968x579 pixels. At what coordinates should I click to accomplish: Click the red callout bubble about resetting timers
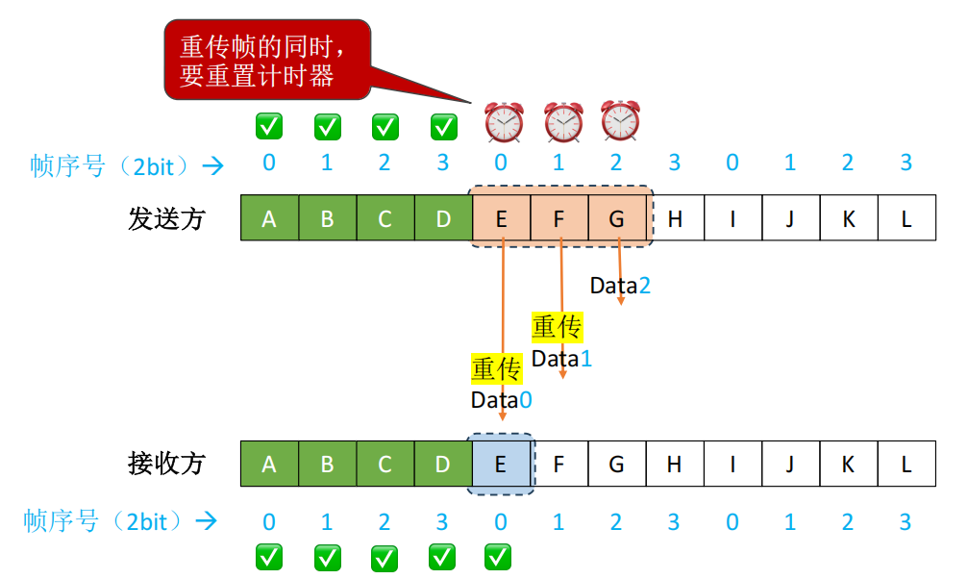click(x=266, y=60)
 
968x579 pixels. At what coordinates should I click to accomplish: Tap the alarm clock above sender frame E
click(x=503, y=122)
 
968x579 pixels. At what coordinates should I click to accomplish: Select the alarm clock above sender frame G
click(x=620, y=121)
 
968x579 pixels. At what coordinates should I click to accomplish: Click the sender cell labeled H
click(x=675, y=218)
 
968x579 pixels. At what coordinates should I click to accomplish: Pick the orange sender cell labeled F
click(x=558, y=218)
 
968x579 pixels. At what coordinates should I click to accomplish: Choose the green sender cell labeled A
click(x=269, y=218)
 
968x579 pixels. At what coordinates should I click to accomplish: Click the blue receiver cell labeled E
click(x=501, y=464)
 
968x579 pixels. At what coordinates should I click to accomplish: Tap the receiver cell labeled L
click(x=906, y=464)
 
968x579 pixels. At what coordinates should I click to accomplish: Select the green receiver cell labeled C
click(x=385, y=464)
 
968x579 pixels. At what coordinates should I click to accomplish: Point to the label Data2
click(x=620, y=285)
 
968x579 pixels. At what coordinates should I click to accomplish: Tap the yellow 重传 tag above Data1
click(x=558, y=328)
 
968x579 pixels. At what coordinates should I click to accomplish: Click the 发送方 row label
click(x=166, y=218)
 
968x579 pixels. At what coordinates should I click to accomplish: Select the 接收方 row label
click(x=166, y=464)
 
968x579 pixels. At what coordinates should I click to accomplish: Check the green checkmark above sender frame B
click(x=327, y=126)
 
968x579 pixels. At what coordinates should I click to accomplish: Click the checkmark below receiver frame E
click(x=498, y=555)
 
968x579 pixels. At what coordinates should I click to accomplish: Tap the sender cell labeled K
click(x=849, y=218)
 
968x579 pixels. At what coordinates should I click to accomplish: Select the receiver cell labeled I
click(x=732, y=464)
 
